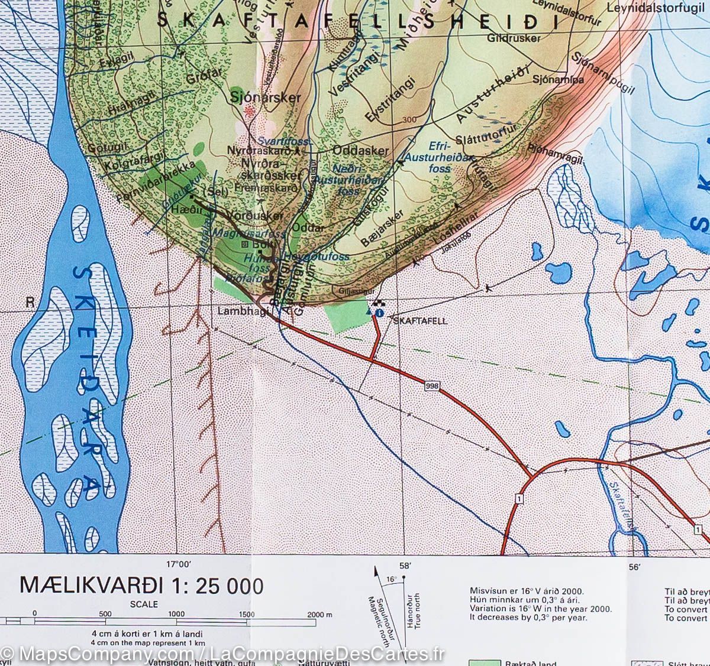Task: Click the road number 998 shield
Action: [433, 386]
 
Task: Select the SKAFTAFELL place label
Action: [421, 321]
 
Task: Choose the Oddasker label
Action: [360, 151]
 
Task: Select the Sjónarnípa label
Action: [558, 79]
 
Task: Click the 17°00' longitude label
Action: [179, 564]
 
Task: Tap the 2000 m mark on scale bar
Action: [319, 614]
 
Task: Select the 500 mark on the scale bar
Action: [105, 614]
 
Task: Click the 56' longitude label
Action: [635, 567]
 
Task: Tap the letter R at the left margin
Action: [28, 302]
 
